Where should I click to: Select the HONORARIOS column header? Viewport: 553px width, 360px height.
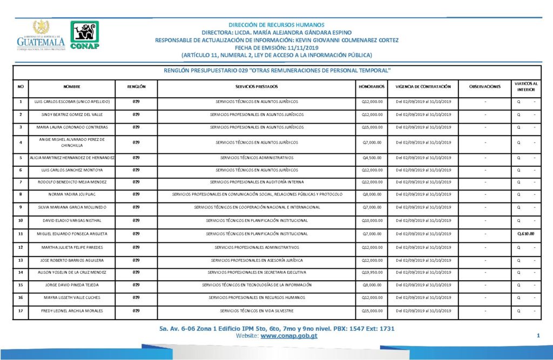372,86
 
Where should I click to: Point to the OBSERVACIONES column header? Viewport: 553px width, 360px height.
485,86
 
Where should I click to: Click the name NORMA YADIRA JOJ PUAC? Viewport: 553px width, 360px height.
72,194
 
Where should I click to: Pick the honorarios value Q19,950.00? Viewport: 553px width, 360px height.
372,271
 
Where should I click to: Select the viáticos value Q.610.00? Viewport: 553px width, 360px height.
525,233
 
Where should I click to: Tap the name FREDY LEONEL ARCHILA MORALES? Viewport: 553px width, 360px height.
72,311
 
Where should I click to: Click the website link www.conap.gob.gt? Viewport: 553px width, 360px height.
288,336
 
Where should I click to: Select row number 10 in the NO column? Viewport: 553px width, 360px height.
21,220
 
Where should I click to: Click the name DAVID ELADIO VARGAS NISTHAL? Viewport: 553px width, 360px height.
72,220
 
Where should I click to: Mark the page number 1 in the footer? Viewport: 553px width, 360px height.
538,336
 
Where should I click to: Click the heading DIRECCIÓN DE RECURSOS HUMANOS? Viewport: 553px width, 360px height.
276,25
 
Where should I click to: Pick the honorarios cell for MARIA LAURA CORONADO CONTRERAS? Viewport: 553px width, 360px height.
372,127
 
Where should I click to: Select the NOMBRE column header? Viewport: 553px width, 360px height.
72,86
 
